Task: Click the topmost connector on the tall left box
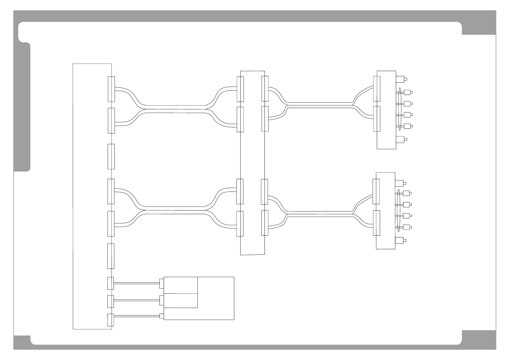click(111, 89)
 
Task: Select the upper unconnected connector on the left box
click(111, 156)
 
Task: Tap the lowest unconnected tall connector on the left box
click(111, 256)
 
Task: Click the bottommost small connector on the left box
click(110, 320)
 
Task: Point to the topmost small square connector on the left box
click(110, 283)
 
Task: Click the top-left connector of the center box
click(240, 89)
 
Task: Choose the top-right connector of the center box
click(265, 89)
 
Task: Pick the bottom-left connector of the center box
click(240, 224)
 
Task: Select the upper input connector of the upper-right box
click(377, 89)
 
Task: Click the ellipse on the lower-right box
click(399, 210)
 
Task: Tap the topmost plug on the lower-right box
click(400, 183)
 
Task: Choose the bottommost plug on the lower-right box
click(400, 241)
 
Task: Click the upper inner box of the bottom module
click(181, 285)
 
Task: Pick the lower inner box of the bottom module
click(181, 300)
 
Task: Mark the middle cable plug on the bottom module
click(162, 300)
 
